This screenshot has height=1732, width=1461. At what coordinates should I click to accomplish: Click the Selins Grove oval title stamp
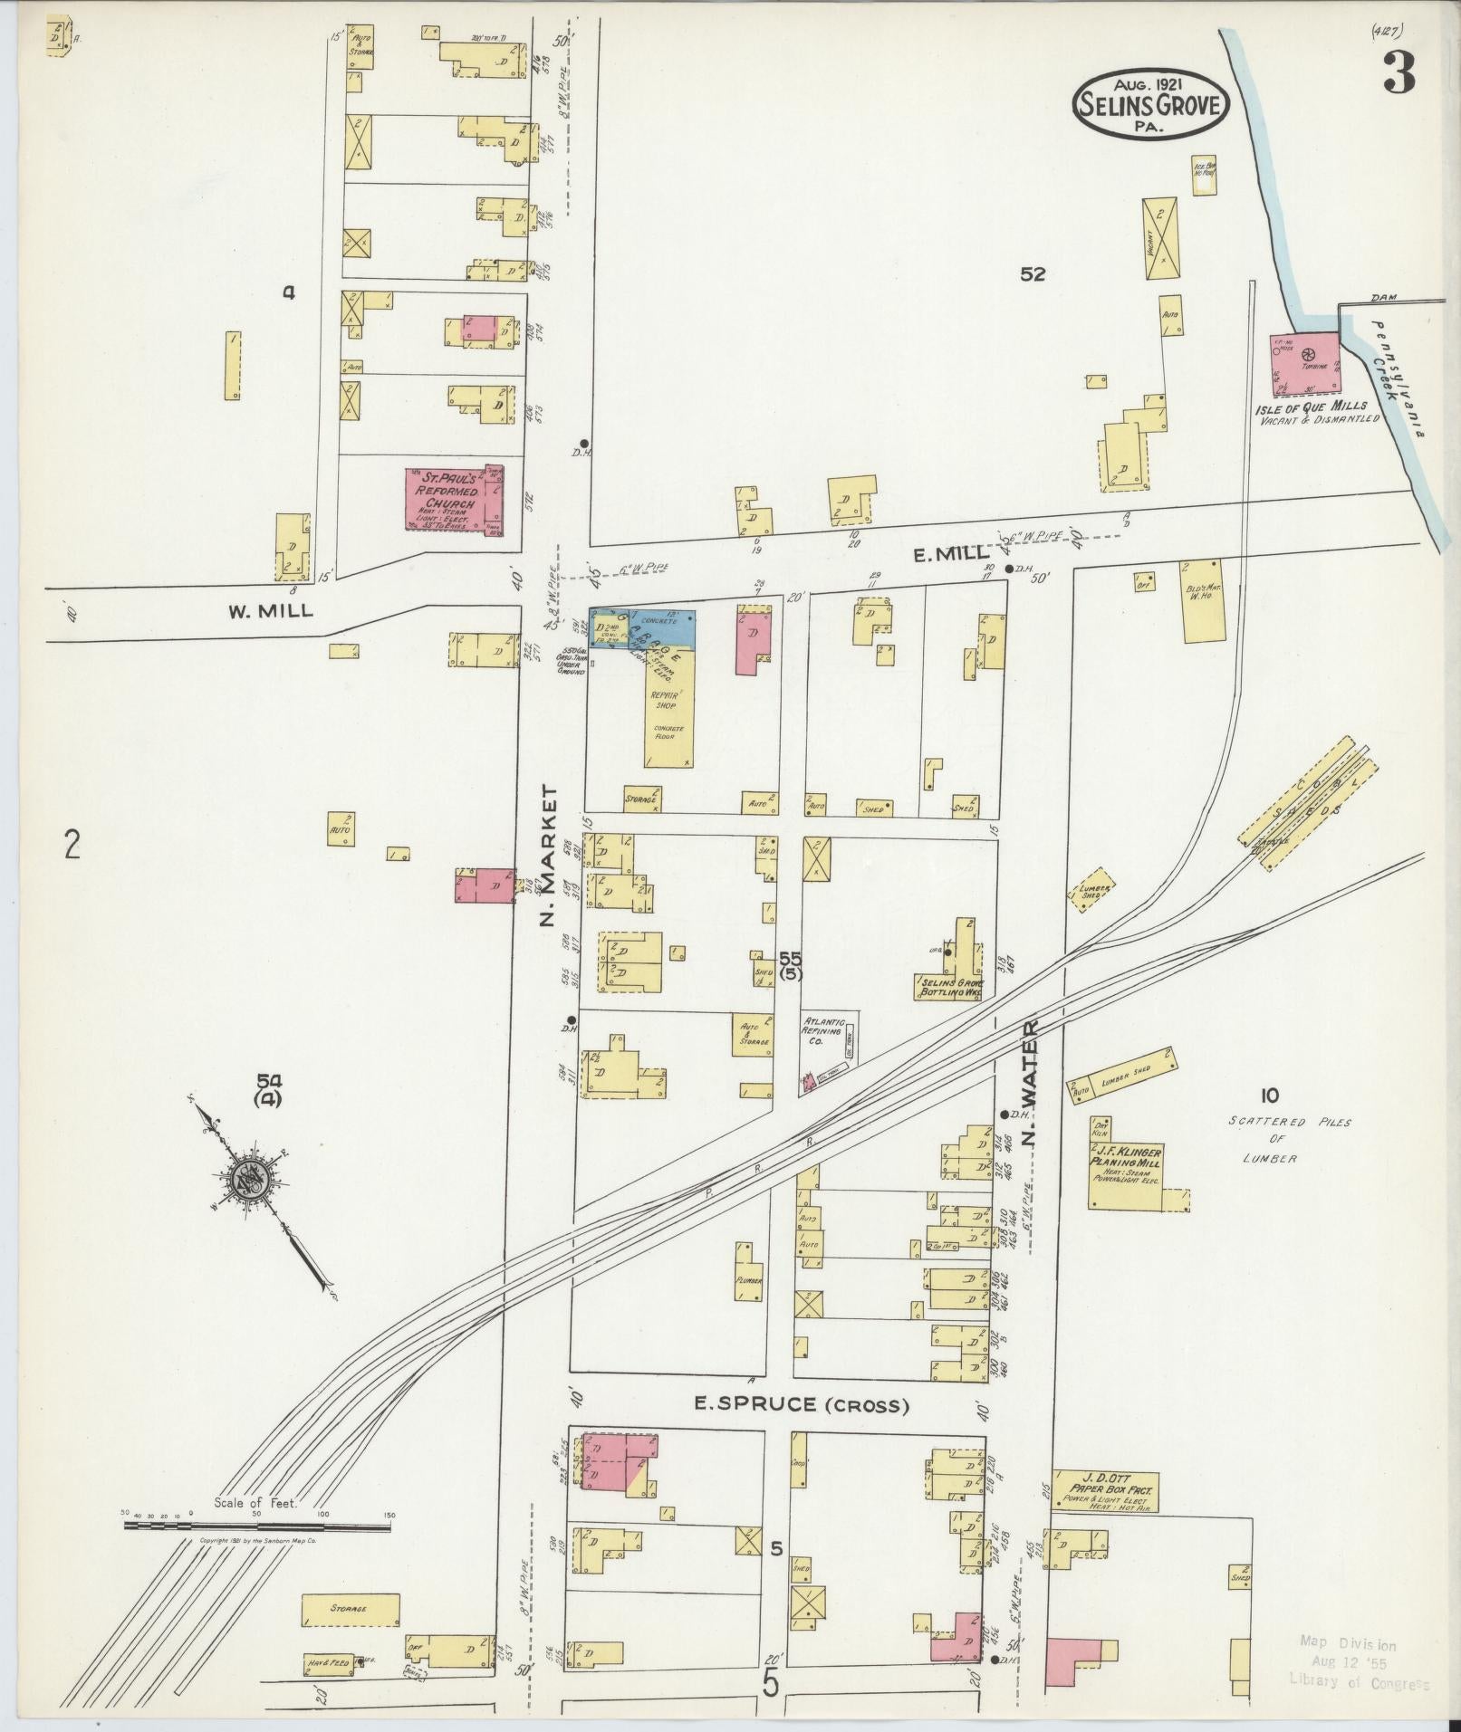[1151, 105]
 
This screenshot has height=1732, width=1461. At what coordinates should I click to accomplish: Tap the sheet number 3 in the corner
[1399, 73]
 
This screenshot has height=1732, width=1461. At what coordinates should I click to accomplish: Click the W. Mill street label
[270, 610]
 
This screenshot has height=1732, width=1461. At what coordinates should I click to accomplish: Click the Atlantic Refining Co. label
[824, 1030]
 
